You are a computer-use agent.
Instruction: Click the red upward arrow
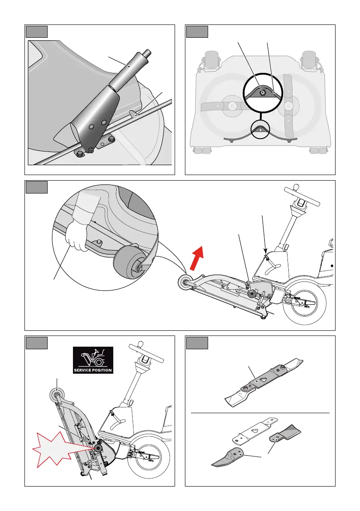pyautogui.click(x=197, y=258)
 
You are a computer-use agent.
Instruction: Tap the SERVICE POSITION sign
pyautogui.click(x=93, y=360)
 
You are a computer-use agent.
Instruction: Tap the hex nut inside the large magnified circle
pyautogui.click(x=262, y=93)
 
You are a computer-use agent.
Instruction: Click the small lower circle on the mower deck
pyautogui.click(x=260, y=129)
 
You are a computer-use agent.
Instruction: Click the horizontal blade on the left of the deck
pyautogui.click(x=225, y=106)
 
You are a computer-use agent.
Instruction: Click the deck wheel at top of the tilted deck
pyautogui.click(x=57, y=395)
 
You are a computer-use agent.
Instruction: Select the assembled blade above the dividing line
pyautogui.click(x=263, y=382)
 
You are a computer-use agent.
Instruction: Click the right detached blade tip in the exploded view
pyautogui.click(x=285, y=433)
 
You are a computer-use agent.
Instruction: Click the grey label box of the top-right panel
pyautogui.click(x=197, y=32)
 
